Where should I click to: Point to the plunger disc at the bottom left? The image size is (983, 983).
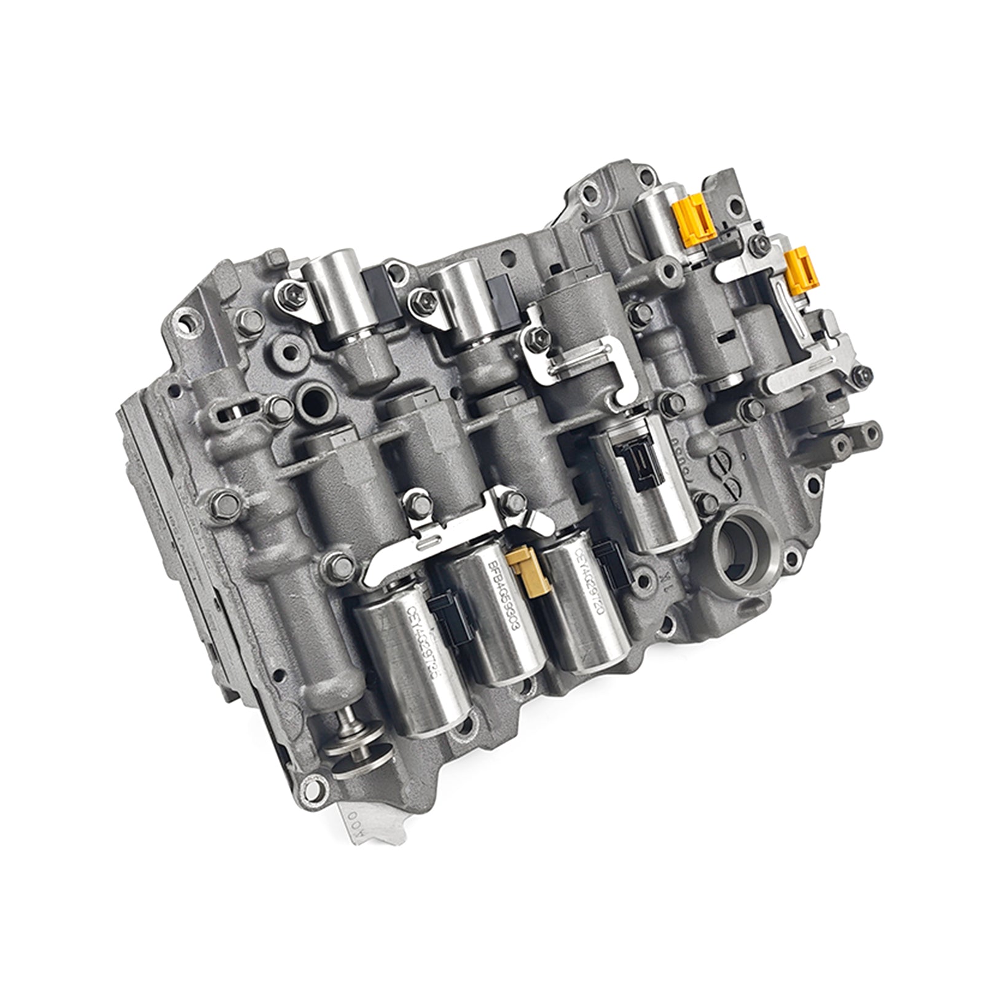(x=356, y=753)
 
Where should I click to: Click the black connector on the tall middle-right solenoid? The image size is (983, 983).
(x=639, y=459)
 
